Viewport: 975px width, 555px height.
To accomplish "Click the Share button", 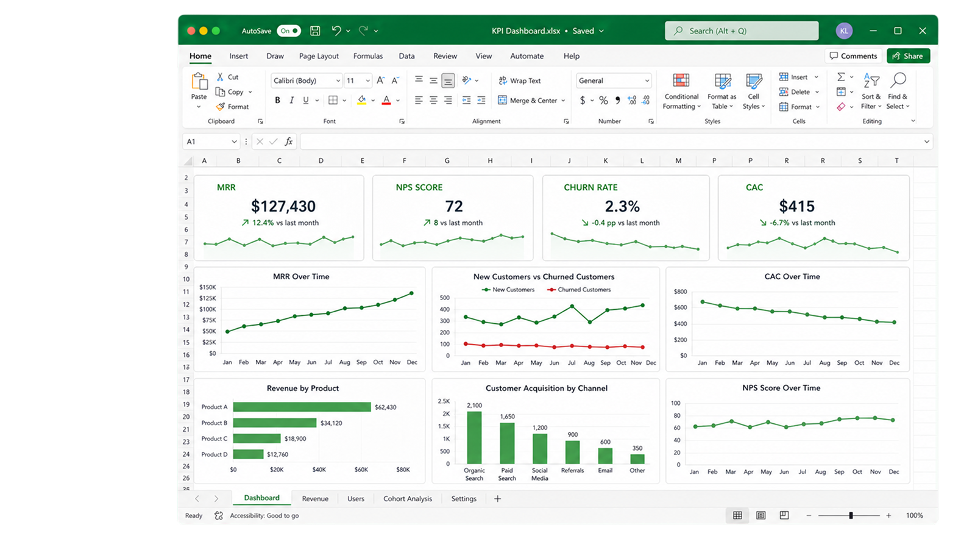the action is tap(908, 56).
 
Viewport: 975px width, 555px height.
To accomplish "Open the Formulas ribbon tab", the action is tap(368, 56).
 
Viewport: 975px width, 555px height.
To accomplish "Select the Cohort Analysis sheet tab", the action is tap(408, 498).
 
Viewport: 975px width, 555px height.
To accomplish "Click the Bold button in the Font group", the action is tap(277, 100).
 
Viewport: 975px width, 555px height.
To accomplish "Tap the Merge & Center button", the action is tap(531, 100).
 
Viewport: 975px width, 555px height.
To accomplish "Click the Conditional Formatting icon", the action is tap(681, 81).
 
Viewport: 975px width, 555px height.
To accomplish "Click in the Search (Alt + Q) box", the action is tap(741, 30).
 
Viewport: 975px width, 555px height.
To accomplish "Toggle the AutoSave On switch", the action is tap(289, 30).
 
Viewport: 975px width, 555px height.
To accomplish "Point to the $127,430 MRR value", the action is tap(283, 206).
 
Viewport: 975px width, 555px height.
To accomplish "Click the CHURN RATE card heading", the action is tap(590, 187).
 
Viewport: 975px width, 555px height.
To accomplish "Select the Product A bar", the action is tap(302, 407).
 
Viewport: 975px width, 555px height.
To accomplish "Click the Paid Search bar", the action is tap(507, 443).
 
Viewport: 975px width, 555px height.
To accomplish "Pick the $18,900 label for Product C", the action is tap(295, 439).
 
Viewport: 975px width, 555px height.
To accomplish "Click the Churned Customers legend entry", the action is tap(579, 290).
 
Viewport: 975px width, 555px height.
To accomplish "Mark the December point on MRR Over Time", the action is tap(411, 293).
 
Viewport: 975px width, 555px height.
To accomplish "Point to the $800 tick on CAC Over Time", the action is tap(680, 292).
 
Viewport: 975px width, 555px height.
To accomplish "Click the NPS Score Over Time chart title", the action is tap(781, 388).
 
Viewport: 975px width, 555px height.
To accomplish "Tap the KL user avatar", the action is tap(844, 31).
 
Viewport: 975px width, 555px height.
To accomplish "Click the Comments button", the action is tap(853, 56).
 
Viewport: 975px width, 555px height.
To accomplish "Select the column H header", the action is tap(490, 161).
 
